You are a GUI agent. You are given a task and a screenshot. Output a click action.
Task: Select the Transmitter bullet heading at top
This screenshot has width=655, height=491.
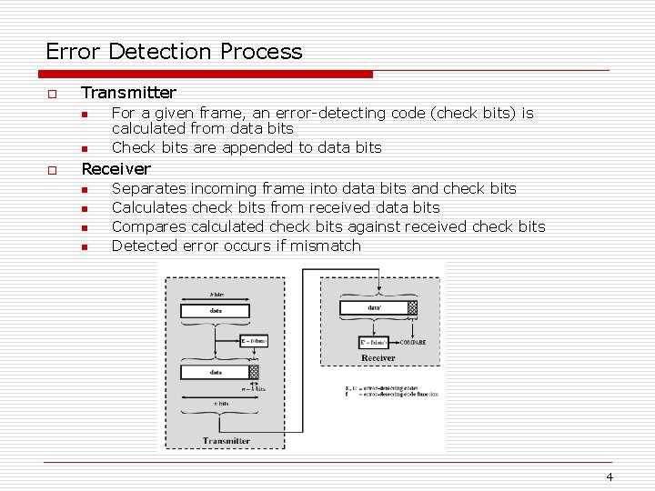(x=128, y=93)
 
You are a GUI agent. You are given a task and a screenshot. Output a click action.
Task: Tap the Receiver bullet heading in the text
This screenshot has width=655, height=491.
(x=116, y=169)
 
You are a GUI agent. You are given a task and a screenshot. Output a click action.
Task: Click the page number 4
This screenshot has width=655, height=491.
(x=610, y=477)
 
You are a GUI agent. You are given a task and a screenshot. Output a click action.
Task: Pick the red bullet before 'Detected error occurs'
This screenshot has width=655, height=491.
(x=83, y=246)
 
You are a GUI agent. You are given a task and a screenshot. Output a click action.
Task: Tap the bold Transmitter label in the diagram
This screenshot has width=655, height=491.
(x=227, y=441)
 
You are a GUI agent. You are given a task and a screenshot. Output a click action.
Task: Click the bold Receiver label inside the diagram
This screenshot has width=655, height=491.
(x=378, y=358)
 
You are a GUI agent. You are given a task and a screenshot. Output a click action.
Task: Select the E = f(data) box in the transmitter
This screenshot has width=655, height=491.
(x=253, y=340)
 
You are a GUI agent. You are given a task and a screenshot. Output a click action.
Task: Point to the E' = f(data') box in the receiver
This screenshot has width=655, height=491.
(x=376, y=343)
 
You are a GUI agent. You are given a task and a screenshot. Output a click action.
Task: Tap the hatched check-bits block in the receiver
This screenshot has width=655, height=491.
(x=412, y=308)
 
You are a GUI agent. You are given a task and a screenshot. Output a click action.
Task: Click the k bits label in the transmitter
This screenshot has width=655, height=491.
(x=217, y=296)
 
